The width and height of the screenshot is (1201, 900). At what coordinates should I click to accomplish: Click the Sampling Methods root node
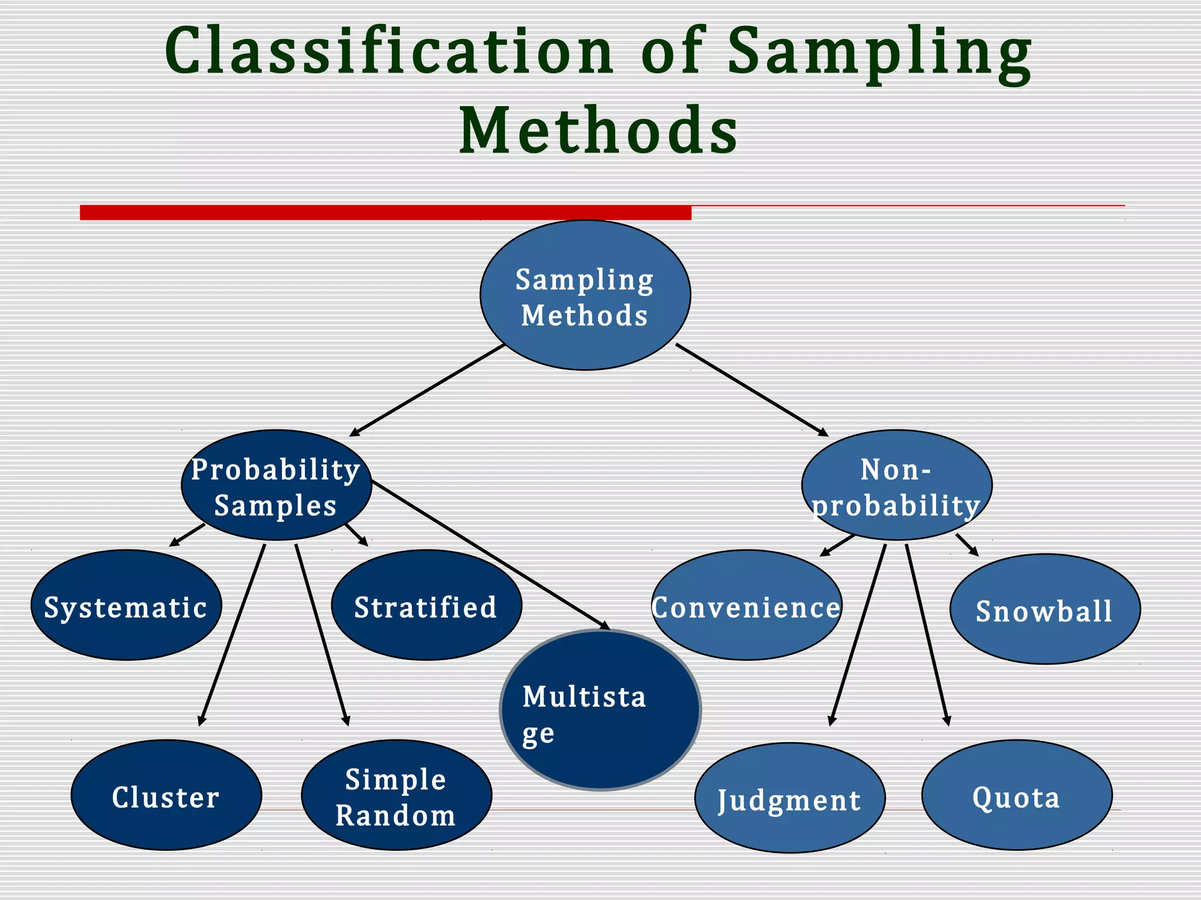coord(585,295)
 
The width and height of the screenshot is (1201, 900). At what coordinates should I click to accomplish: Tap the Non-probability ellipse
coord(897,485)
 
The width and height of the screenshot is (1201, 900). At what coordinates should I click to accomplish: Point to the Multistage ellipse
coord(600,710)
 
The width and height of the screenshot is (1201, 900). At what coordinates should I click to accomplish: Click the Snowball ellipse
coord(1045,609)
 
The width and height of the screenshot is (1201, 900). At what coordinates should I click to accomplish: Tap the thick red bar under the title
coord(385,212)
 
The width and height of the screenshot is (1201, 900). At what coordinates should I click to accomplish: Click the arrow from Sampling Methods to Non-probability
coord(752,390)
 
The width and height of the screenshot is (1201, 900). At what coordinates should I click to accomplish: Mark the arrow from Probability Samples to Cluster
coord(232,634)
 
